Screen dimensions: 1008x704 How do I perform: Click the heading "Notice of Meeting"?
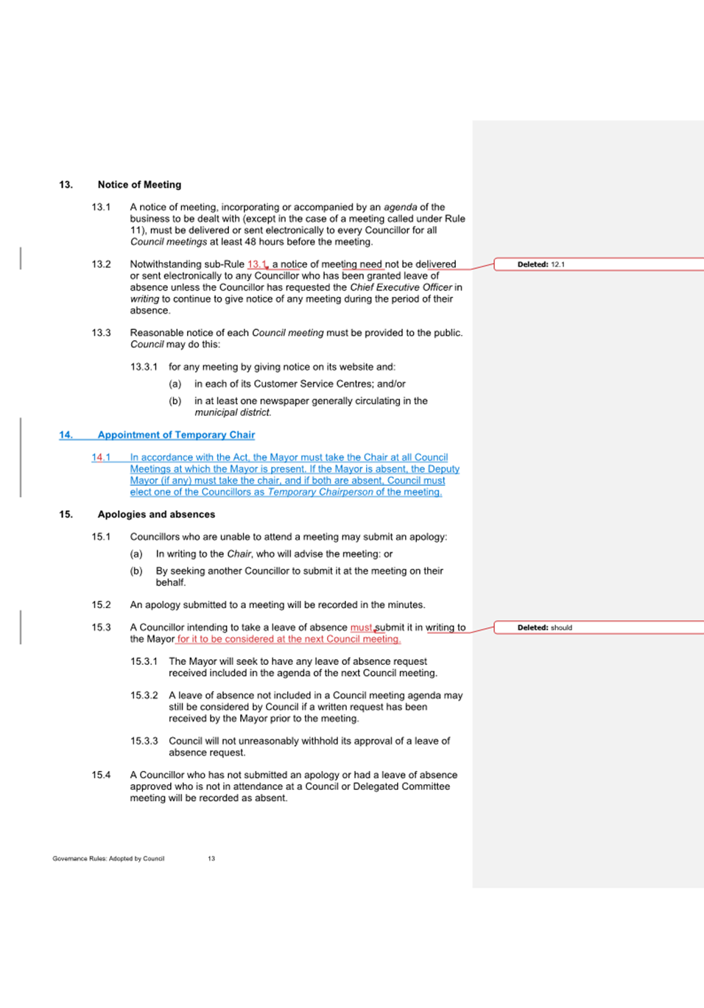click(x=139, y=185)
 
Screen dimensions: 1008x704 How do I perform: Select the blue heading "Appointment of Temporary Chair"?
click(x=176, y=435)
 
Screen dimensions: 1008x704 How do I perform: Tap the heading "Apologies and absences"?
click(x=156, y=515)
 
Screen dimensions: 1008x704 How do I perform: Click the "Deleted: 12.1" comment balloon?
click(x=541, y=264)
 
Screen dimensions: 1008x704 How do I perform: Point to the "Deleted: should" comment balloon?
click(x=544, y=628)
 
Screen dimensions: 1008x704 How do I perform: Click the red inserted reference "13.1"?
click(x=256, y=264)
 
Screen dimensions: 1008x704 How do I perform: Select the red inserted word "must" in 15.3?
click(x=361, y=628)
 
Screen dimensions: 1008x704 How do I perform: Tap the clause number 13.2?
click(x=101, y=264)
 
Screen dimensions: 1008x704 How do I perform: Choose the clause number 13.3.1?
click(x=144, y=367)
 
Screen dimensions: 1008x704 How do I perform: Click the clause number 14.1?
click(x=101, y=457)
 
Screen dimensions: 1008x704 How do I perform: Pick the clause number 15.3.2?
click(x=144, y=695)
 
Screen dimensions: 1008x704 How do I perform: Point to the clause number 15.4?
click(x=101, y=775)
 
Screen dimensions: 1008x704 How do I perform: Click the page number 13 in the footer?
click(x=211, y=859)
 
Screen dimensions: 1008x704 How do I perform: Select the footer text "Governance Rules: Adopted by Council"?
click(x=108, y=859)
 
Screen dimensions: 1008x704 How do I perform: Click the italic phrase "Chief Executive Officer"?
click(x=401, y=287)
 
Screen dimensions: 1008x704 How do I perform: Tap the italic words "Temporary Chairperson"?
click(x=320, y=492)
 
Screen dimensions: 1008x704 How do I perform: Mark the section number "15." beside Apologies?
click(x=66, y=515)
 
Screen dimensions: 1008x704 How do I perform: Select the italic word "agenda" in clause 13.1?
click(x=401, y=208)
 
